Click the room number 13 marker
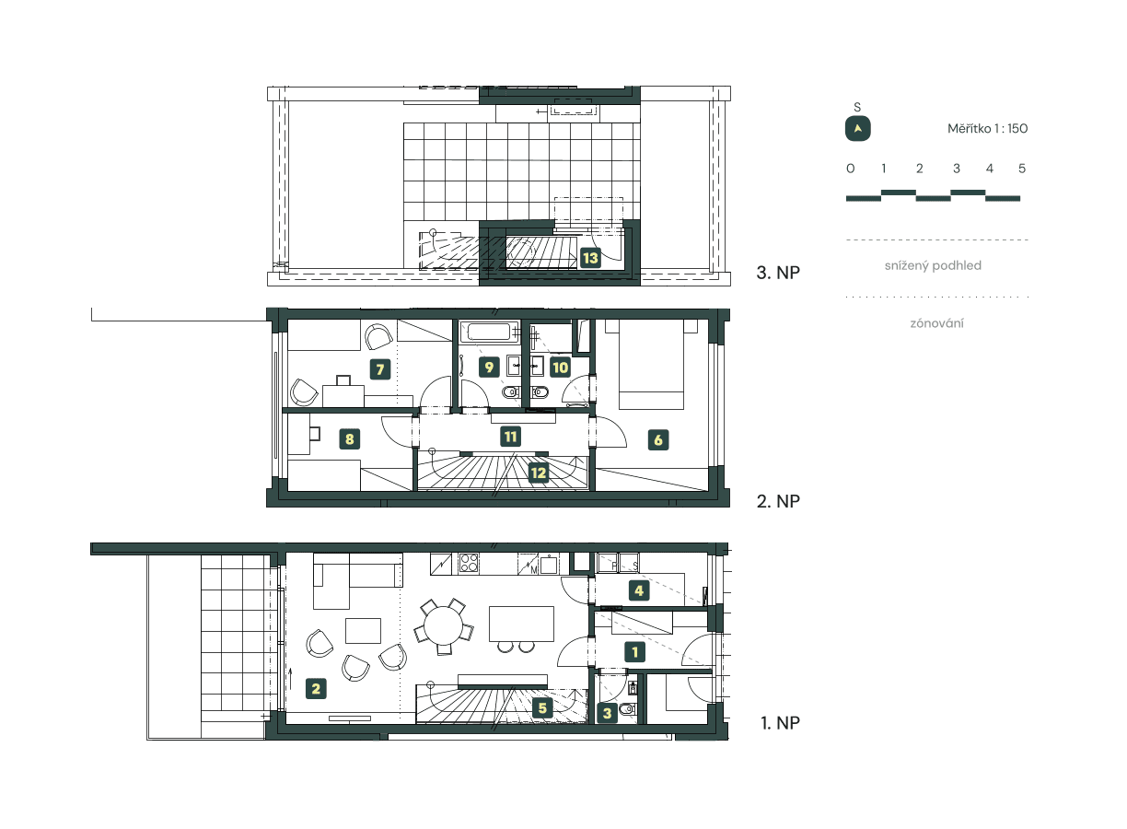click(590, 258)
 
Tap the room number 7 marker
click(378, 370)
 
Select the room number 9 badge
click(490, 367)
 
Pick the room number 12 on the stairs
click(539, 473)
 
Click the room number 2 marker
click(316, 687)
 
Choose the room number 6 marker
click(658, 440)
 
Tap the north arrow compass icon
click(858, 129)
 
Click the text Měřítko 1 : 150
click(987, 129)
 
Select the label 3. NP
click(776, 274)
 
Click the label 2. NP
click(777, 501)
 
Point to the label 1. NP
click(780, 723)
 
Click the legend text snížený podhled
click(933, 265)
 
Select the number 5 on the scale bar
click(1022, 169)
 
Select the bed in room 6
click(651, 364)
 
